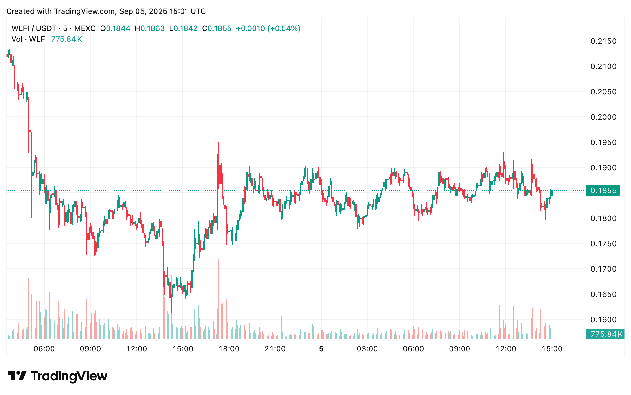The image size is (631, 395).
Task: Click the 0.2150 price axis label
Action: tap(603, 41)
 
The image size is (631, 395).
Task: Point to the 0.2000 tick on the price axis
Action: tap(603, 117)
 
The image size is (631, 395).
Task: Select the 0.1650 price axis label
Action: tap(603, 294)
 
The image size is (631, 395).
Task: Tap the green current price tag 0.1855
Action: tap(603, 191)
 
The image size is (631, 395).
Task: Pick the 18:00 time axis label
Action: tap(229, 349)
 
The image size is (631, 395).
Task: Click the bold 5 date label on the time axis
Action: tap(321, 349)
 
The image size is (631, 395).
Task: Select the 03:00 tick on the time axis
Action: tap(367, 349)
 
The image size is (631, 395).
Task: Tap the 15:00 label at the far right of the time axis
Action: tap(552, 349)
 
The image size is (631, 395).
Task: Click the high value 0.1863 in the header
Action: tap(152, 28)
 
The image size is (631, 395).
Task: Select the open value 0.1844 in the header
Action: tap(118, 28)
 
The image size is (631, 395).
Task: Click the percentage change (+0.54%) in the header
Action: tap(284, 28)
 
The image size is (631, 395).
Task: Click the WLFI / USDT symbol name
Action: tap(34, 28)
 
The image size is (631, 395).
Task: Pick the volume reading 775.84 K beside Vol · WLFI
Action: tap(66, 39)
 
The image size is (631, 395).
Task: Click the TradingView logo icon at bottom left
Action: tap(16, 376)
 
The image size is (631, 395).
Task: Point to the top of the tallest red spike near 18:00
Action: tap(218, 143)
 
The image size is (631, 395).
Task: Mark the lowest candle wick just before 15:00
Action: tap(171, 312)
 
